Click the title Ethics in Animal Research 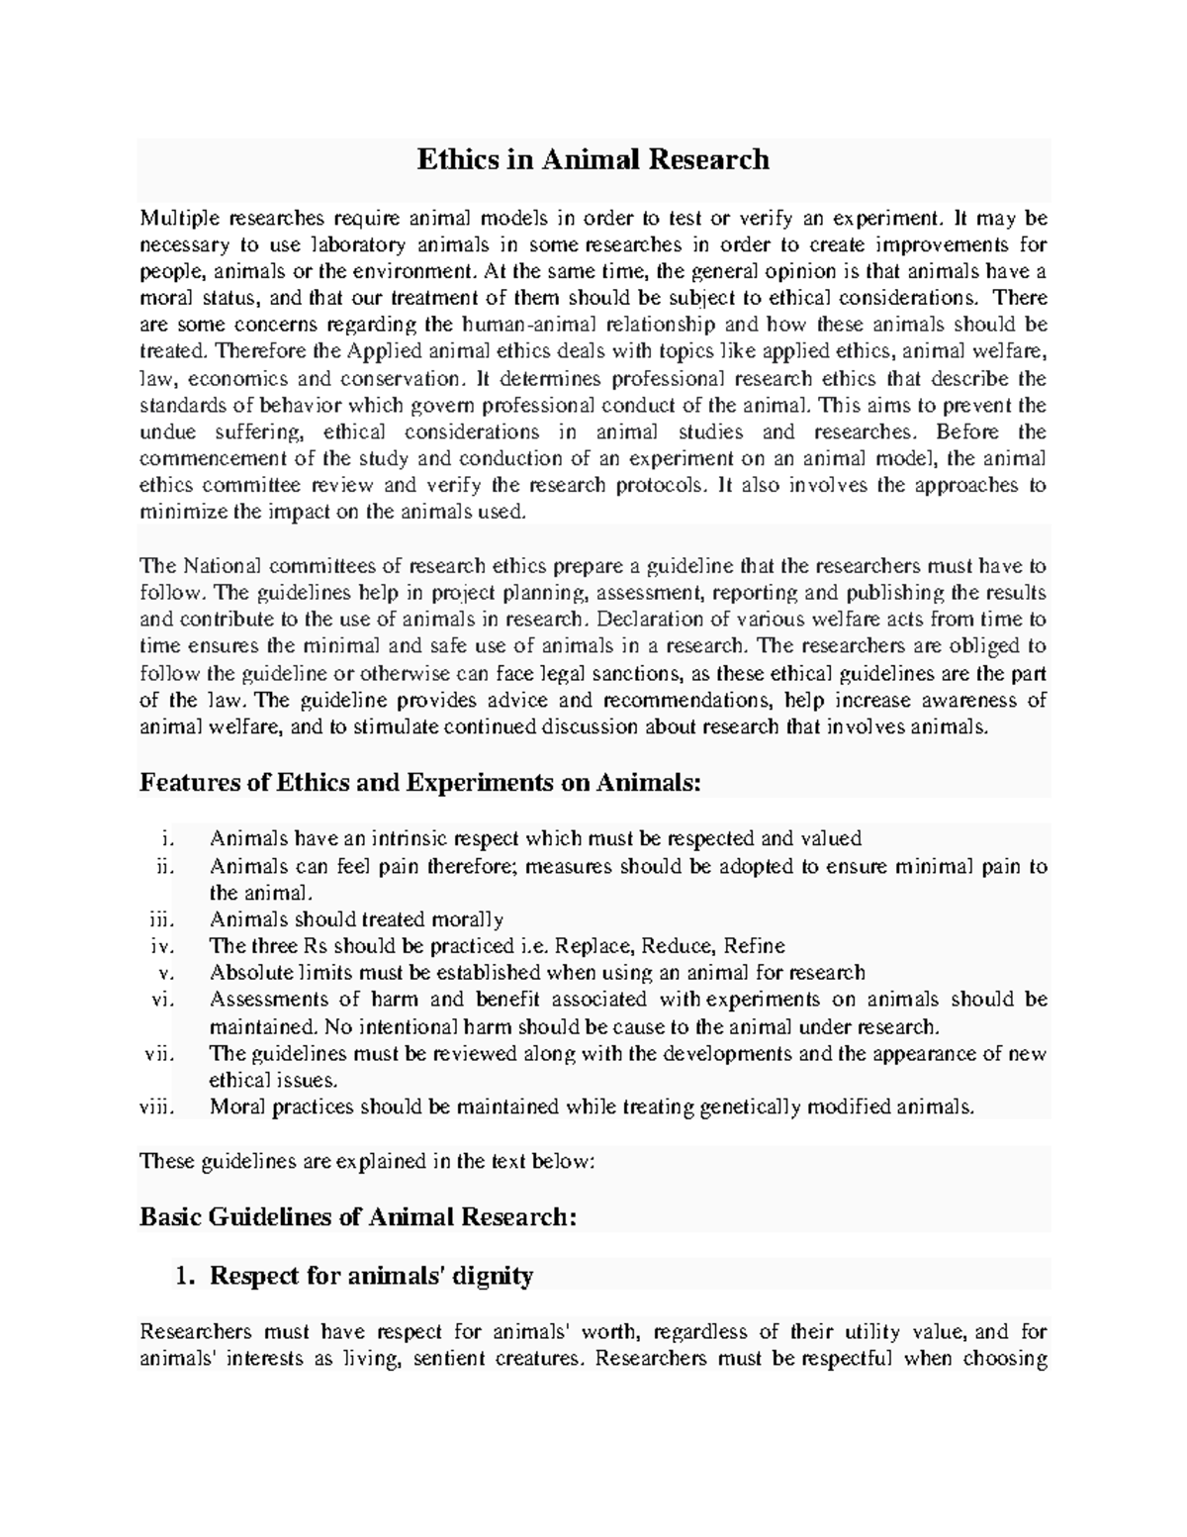click(x=593, y=159)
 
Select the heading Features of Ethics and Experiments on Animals click(x=420, y=783)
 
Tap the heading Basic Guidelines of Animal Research click(x=357, y=1216)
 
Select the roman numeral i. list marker click(x=166, y=838)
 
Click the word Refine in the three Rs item click(x=755, y=945)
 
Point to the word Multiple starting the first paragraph click(x=179, y=218)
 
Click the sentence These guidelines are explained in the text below click(x=368, y=1161)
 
